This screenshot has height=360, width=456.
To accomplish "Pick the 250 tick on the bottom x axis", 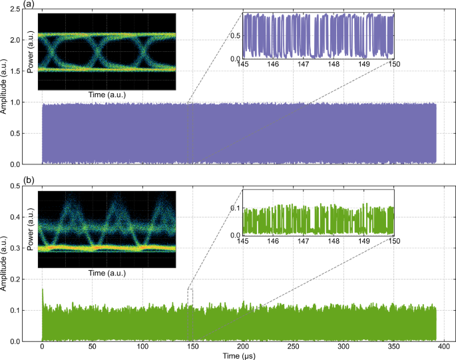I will click(x=293, y=347).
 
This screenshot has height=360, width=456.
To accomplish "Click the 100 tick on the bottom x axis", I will click(x=142, y=347).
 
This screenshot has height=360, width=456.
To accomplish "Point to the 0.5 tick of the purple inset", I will click(x=236, y=36).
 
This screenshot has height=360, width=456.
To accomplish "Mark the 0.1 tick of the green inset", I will click(x=236, y=208).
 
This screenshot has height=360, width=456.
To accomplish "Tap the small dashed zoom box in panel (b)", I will click(x=190, y=297).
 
